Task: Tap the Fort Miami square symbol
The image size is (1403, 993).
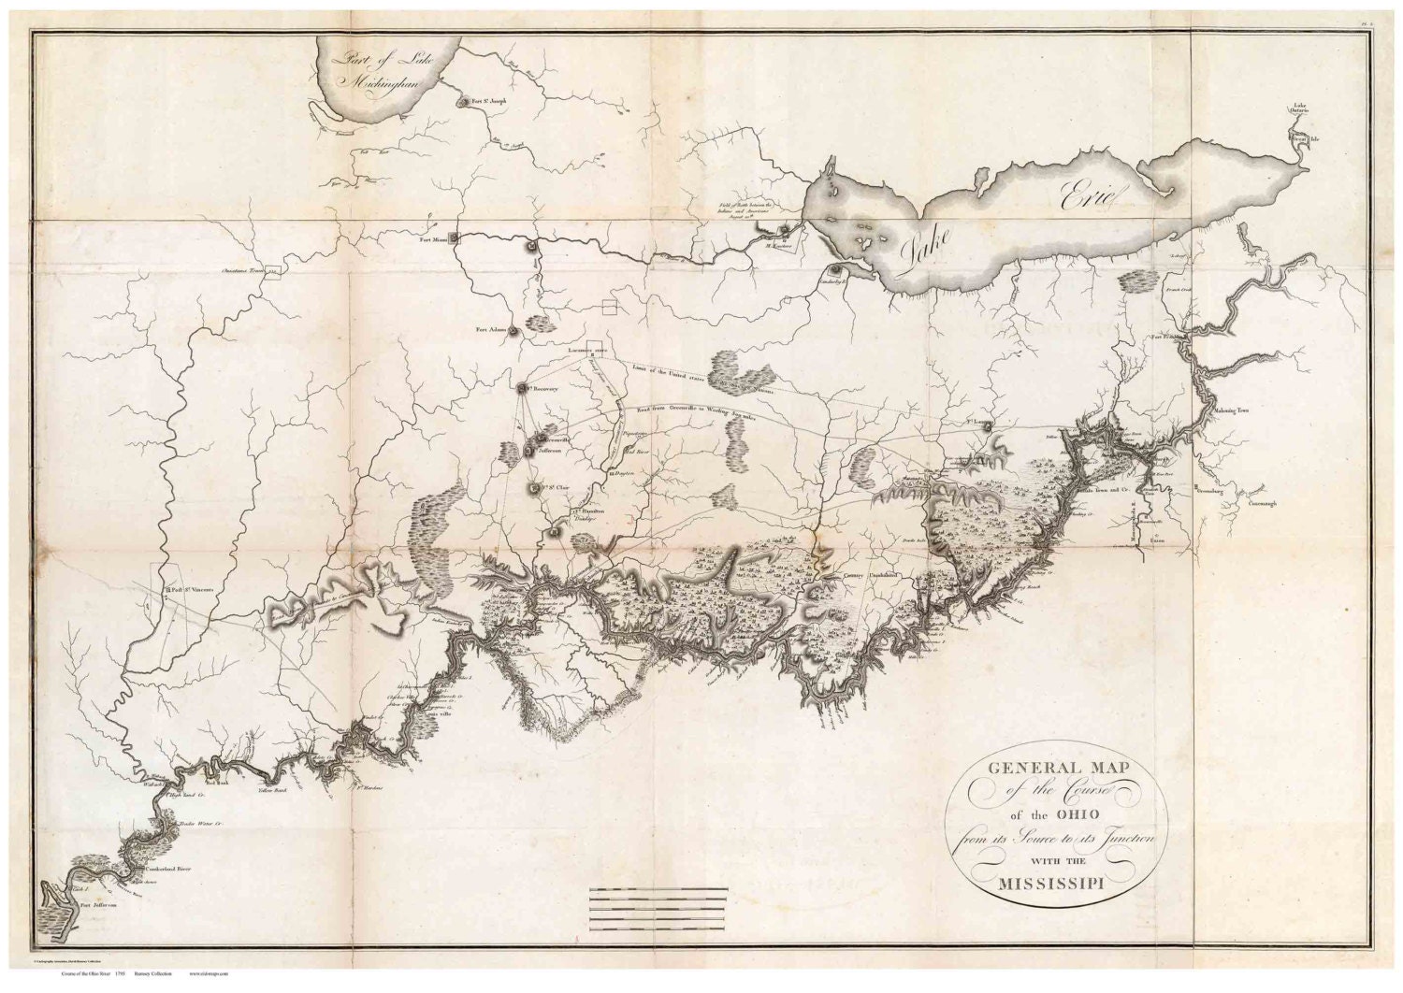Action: tap(455, 237)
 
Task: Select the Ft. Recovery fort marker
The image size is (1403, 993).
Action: tap(522, 387)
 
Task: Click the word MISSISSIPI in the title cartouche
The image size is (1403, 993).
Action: tap(1049, 884)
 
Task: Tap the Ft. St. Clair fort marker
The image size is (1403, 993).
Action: tap(534, 487)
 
